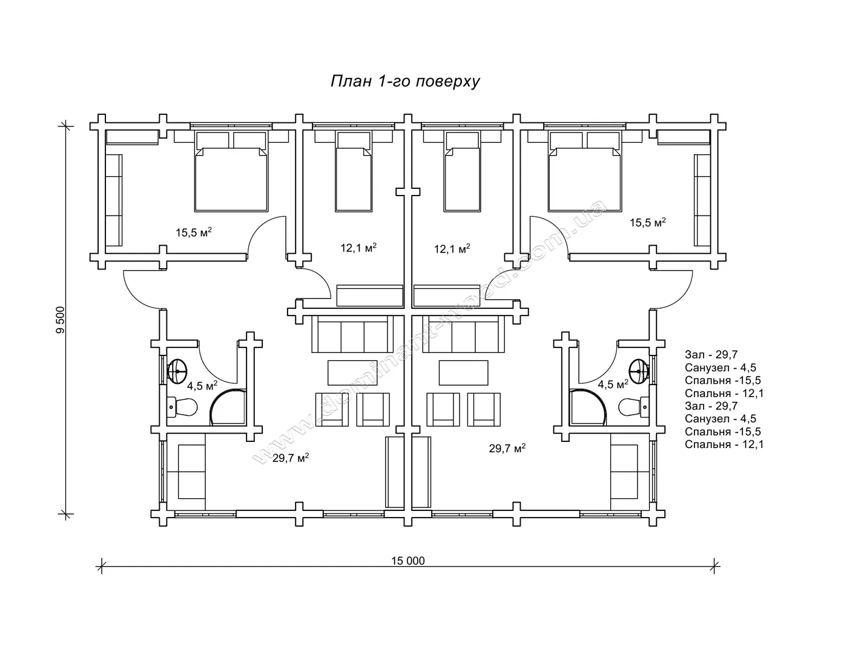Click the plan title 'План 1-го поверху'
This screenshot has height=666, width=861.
[405, 81]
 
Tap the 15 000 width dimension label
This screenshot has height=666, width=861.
[407, 561]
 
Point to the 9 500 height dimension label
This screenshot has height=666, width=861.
[60, 320]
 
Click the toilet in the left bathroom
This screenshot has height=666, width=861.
[182, 407]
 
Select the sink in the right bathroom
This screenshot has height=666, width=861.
[639, 371]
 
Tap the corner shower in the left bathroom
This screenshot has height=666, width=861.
[228, 407]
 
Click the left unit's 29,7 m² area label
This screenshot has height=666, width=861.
[291, 458]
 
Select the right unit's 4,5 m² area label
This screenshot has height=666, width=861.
[613, 384]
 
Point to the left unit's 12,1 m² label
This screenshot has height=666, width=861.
[358, 248]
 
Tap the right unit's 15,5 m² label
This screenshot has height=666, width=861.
[647, 222]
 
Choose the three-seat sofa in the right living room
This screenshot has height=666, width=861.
[464, 334]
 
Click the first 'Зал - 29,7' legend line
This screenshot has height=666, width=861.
[711, 354]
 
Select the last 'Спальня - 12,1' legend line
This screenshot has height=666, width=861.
[724, 444]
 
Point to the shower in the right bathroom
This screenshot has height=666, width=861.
[588, 407]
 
